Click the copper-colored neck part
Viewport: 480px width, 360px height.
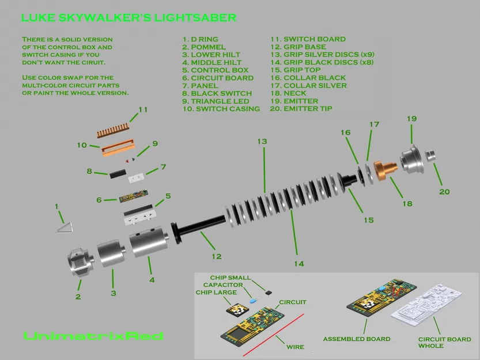tap(383, 169)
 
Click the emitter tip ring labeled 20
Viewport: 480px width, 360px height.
tap(431, 156)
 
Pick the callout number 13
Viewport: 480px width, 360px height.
tap(262, 142)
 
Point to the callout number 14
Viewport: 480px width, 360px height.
tap(298, 264)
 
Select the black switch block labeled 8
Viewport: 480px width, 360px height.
tap(116, 171)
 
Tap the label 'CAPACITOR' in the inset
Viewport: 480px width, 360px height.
tap(223, 285)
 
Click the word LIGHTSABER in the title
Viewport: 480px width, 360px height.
tap(194, 17)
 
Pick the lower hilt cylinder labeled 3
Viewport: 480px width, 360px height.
tap(112, 254)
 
